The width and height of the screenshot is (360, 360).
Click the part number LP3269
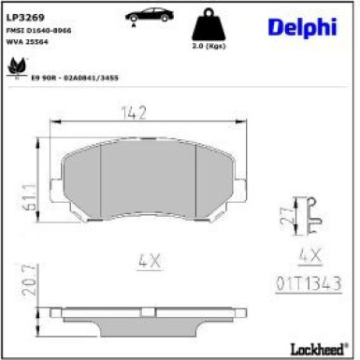pyautogui.click(x=23, y=17)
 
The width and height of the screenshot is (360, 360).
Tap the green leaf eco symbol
pyautogui.click(x=16, y=67)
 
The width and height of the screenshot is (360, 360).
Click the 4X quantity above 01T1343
pyautogui.click(x=309, y=254)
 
